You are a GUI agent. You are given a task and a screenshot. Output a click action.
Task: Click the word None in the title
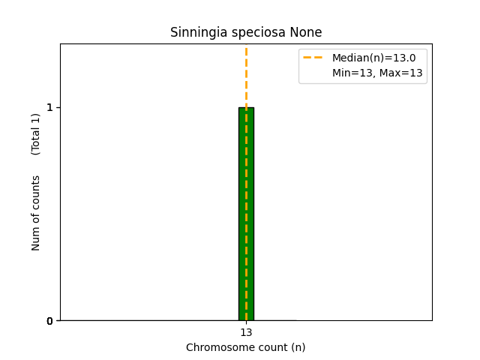point(306,32)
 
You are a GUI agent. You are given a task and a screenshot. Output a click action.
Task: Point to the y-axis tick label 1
point(49,107)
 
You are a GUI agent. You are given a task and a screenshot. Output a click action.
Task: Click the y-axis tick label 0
point(49,321)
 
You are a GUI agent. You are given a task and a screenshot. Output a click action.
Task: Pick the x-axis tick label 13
point(246,333)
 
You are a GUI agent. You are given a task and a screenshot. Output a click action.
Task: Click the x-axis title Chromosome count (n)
point(246,347)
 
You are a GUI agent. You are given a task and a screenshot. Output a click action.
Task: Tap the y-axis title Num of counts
point(36,213)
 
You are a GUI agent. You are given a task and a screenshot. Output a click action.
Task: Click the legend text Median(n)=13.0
point(373,58)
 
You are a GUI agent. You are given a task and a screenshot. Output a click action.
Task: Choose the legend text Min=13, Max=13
point(377,73)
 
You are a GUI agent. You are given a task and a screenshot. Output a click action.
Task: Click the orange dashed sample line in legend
point(313,58)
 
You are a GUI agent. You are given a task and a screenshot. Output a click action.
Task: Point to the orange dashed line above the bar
point(246,75)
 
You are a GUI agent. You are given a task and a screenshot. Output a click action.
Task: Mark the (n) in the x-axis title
point(298,347)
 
